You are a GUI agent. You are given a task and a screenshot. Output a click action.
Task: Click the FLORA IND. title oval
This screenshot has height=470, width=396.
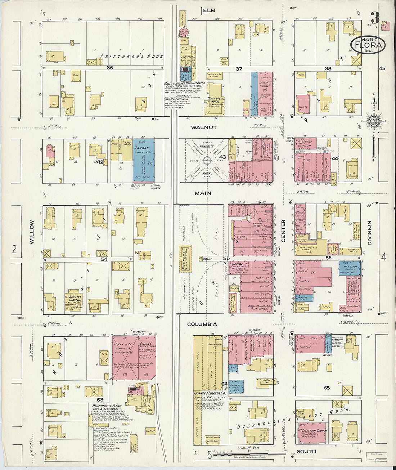368,45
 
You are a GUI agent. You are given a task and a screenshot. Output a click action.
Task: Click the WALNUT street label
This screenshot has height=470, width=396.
204,127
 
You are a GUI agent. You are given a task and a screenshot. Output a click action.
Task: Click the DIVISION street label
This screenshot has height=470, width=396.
369,233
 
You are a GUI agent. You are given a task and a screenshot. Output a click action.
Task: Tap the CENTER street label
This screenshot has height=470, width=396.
283,231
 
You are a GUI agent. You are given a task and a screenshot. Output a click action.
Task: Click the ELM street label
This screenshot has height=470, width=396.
208,10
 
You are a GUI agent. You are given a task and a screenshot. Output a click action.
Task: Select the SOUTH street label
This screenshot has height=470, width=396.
306,451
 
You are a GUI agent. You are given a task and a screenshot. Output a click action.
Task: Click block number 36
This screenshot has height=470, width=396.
110,68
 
